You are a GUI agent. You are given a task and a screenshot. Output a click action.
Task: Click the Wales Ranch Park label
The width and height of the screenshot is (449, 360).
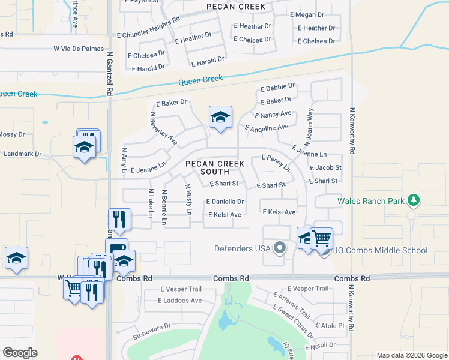tap(371, 201)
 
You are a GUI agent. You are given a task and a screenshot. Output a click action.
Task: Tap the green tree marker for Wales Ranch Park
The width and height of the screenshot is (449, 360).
tap(412, 200)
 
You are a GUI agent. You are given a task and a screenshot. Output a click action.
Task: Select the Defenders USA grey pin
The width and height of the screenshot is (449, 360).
tap(279, 247)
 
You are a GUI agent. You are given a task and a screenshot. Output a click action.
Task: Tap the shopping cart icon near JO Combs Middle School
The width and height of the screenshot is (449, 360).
tap(322, 238)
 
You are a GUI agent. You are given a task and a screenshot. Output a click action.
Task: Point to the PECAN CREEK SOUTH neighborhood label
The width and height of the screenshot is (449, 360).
tap(214, 167)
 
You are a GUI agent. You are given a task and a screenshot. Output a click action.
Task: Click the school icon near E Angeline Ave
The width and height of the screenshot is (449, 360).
tap(220, 117)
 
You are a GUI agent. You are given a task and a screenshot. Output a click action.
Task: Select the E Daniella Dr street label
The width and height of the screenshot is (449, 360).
tap(225, 202)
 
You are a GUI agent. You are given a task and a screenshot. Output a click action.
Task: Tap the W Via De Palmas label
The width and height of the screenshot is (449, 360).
tap(79, 49)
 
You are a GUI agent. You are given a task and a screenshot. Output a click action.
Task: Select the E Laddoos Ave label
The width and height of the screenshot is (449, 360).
tap(181, 300)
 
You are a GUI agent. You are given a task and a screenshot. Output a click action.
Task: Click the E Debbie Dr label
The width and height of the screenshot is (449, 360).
tap(277, 88)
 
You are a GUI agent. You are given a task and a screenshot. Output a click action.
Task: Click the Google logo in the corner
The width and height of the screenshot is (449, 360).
tap(20, 353)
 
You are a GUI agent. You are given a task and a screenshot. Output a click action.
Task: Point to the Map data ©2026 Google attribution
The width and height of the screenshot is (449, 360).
tap(411, 355)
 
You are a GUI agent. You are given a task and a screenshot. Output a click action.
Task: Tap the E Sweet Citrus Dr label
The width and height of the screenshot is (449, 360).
tap(292, 319)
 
